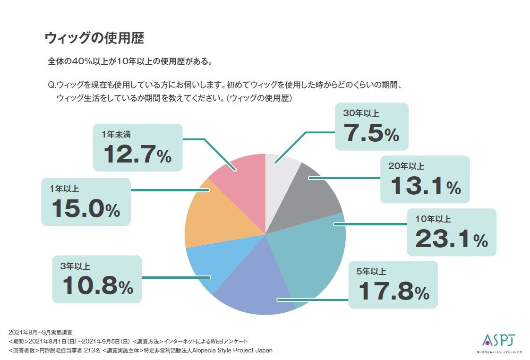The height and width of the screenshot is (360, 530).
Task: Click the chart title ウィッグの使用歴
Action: [x=94, y=38]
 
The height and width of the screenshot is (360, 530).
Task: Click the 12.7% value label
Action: [x=137, y=154]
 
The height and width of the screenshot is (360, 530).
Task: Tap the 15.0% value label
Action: [x=85, y=209]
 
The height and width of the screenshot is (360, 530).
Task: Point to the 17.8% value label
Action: [x=393, y=291]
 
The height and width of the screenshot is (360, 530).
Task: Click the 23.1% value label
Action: [x=452, y=239]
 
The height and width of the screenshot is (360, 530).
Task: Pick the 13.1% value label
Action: [x=425, y=187]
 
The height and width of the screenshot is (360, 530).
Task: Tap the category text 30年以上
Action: [x=361, y=113]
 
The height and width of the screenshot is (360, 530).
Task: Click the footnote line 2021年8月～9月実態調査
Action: [x=41, y=333]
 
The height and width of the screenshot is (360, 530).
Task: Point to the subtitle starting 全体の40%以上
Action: [x=130, y=61]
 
